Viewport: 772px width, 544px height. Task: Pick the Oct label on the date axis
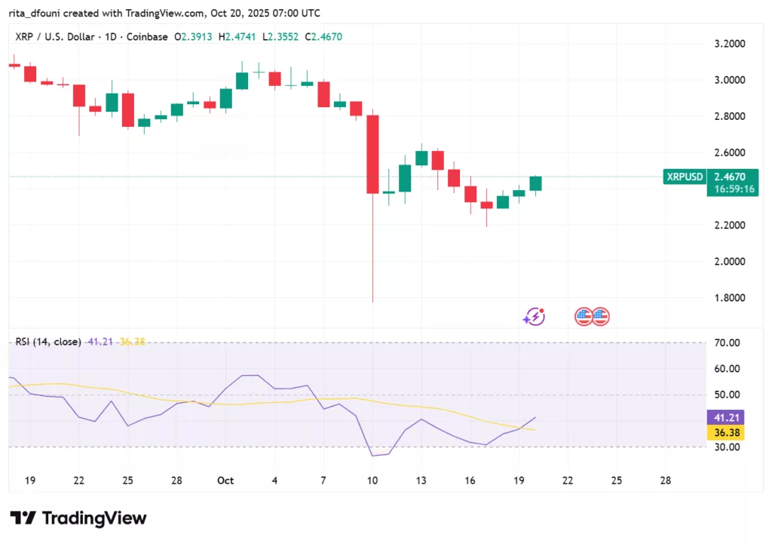point(225,481)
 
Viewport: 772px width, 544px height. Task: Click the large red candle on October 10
point(372,154)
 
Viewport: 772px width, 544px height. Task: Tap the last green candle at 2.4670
point(535,183)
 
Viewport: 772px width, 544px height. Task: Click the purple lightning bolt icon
point(535,317)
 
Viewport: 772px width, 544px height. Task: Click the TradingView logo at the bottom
point(78,518)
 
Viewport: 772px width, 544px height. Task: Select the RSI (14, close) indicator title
point(48,342)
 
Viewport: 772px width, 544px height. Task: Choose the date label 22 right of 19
point(567,481)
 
